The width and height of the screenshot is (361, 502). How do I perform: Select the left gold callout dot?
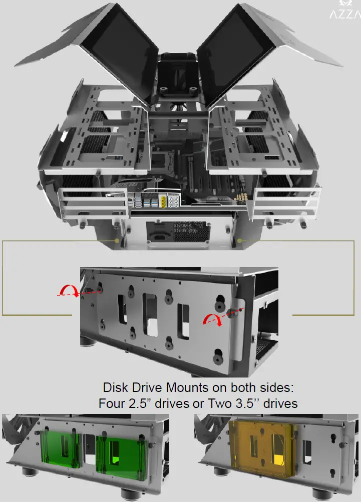117,240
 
